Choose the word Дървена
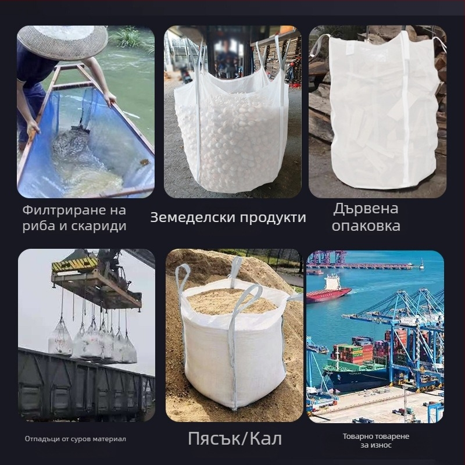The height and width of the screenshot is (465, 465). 366,209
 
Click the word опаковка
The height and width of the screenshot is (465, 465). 366,226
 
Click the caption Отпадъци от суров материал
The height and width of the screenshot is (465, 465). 75,439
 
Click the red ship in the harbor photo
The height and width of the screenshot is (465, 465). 329,293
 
